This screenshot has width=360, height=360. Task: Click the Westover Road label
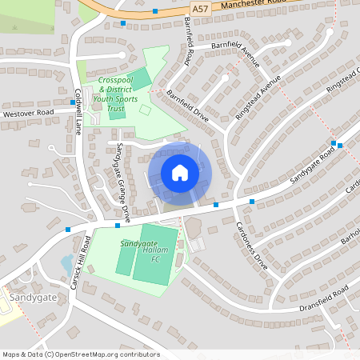[x=28, y=113]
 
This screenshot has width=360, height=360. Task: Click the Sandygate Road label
[x=310, y=165]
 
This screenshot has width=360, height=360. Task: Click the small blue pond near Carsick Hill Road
[x=67, y=262]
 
